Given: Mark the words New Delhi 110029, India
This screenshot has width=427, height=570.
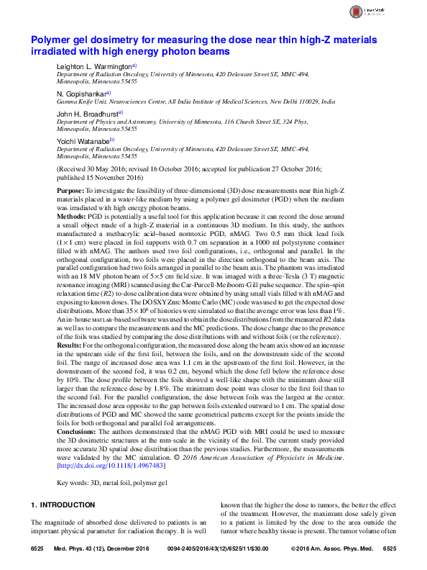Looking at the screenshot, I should coord(299,103).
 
